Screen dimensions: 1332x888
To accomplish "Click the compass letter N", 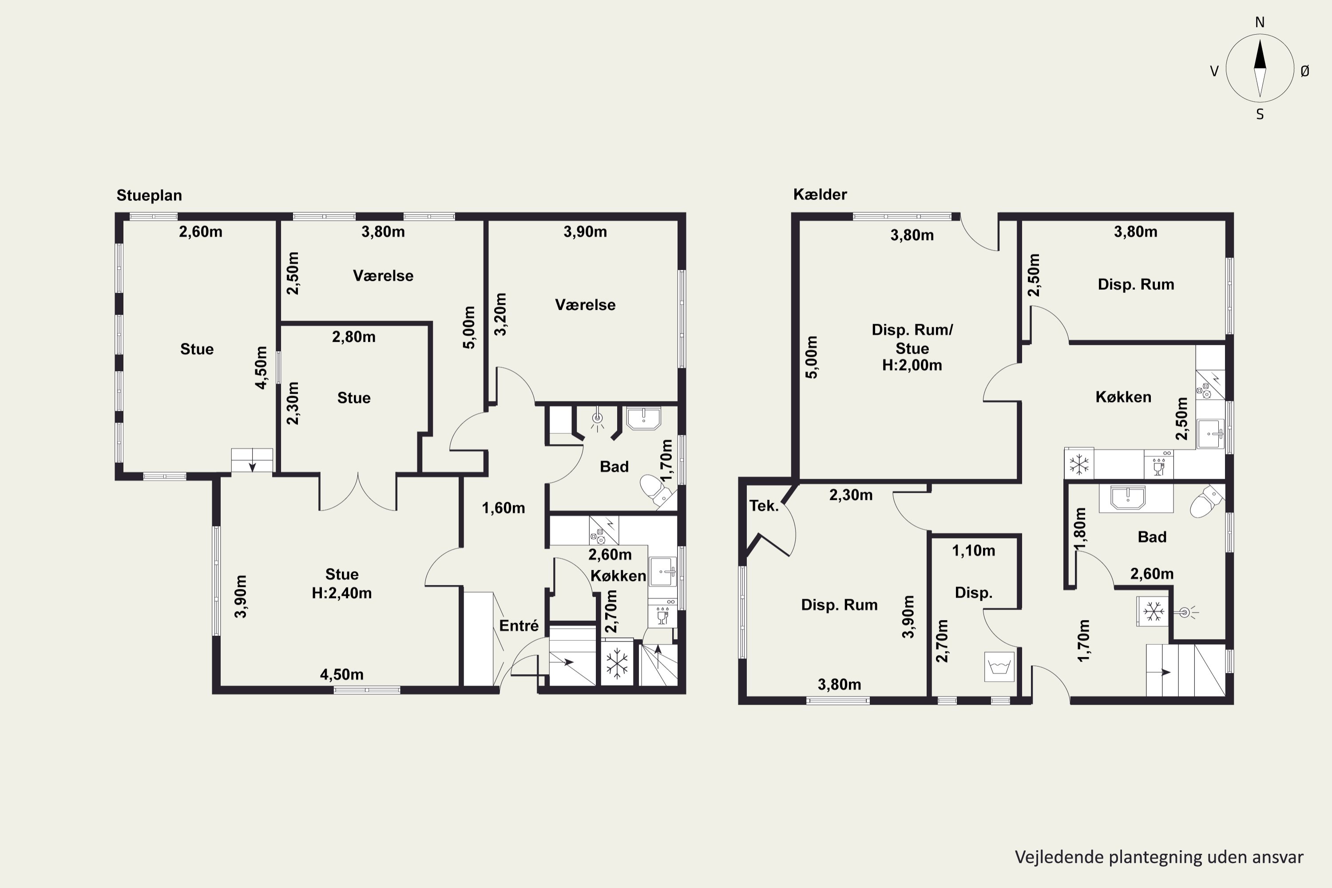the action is (1260, 22).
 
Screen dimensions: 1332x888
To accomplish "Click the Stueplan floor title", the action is (149, 195).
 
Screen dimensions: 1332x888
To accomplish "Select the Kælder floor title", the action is (820, 194).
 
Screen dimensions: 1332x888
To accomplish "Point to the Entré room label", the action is (519, 625).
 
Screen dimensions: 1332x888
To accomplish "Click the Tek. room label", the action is (764, 506).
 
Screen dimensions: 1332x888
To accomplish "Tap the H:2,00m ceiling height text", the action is (912, 365).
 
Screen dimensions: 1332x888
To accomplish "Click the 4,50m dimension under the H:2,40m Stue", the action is (341, 674).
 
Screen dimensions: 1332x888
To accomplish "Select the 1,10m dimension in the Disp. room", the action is (974, 551).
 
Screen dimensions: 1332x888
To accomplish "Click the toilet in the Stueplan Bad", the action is (656, 490).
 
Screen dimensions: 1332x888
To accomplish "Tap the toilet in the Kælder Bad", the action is (1206, 501).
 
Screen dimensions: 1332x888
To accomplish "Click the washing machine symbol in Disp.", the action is (999, 666).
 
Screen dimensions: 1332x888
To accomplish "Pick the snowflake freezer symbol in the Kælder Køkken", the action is (1079, 464).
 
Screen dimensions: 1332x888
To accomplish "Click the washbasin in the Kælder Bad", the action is (1128, 498).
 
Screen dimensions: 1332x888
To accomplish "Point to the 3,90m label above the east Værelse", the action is (585, 232).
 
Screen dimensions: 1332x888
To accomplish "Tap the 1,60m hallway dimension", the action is (503, 508).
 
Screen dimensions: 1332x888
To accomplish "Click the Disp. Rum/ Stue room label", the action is (912, 339).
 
